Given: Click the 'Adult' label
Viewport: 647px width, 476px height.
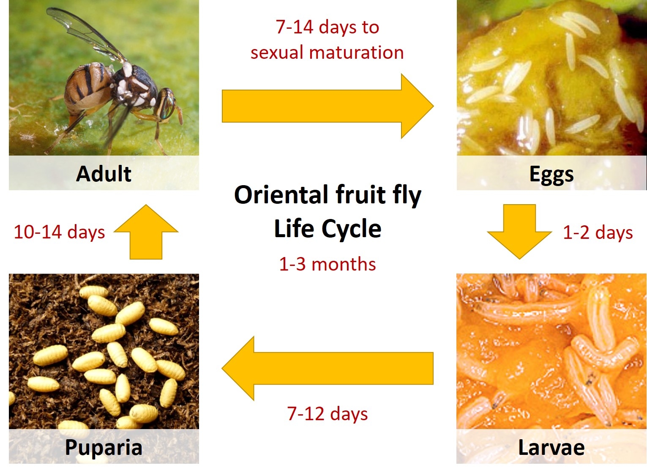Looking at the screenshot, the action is (x=104, y=174).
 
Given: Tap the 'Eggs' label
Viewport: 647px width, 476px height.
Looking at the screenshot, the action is (x=551, y=175).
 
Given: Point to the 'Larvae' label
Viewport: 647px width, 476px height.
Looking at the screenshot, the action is (x=551, y=447).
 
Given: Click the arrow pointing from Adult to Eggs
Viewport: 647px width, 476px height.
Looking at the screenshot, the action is (x=328, y=106).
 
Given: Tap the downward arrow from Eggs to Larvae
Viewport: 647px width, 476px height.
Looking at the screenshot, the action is (x=519, y=232).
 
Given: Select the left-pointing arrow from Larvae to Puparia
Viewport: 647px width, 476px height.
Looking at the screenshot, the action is (x=328, y=368).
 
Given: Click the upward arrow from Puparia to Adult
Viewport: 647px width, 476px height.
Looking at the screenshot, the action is (x=146, y=232).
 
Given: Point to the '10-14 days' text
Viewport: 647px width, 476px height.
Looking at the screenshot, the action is (x=59, y=232).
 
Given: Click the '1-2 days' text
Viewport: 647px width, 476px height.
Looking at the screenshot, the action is (x=598, y=233).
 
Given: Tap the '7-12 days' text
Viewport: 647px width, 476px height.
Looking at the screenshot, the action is (x=328, y=413).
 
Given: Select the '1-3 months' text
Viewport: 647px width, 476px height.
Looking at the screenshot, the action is (x=328, y=264).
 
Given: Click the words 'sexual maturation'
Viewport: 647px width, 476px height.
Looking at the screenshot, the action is (x=327, y=52).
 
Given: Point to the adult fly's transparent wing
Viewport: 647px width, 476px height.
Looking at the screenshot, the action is (x=87, y=32).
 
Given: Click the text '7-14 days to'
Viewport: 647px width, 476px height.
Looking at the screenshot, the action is (x=328, y=27).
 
